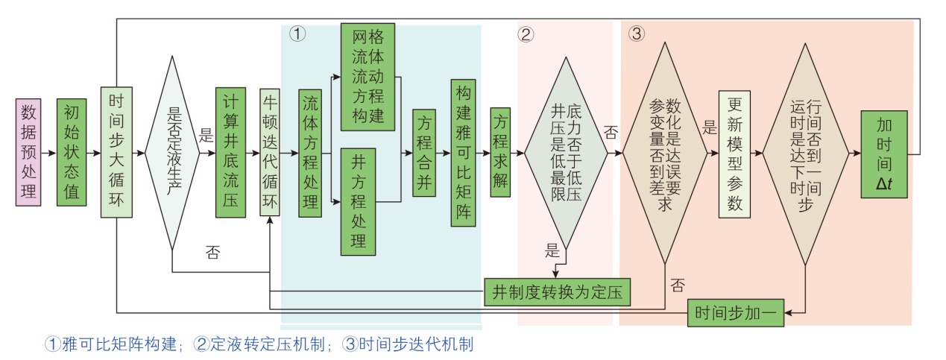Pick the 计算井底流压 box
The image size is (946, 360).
(x=230, y=153)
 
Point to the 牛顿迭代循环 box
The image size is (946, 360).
(x=269, y=153)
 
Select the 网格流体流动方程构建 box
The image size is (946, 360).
(x=368, y=77)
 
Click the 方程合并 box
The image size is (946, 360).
(x=424, y=153)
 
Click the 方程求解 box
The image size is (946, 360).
(x=500, y=153)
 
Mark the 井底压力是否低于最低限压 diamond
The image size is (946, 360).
(x=564, y=153)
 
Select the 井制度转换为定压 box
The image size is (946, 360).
(x=557, y=291)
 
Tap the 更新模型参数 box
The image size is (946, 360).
(x=734, y=153)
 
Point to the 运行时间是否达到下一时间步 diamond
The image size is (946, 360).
(x=805, y=153)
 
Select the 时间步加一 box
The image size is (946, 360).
(x=735, y=313)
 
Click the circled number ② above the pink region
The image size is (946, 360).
(x=526, y=34)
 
